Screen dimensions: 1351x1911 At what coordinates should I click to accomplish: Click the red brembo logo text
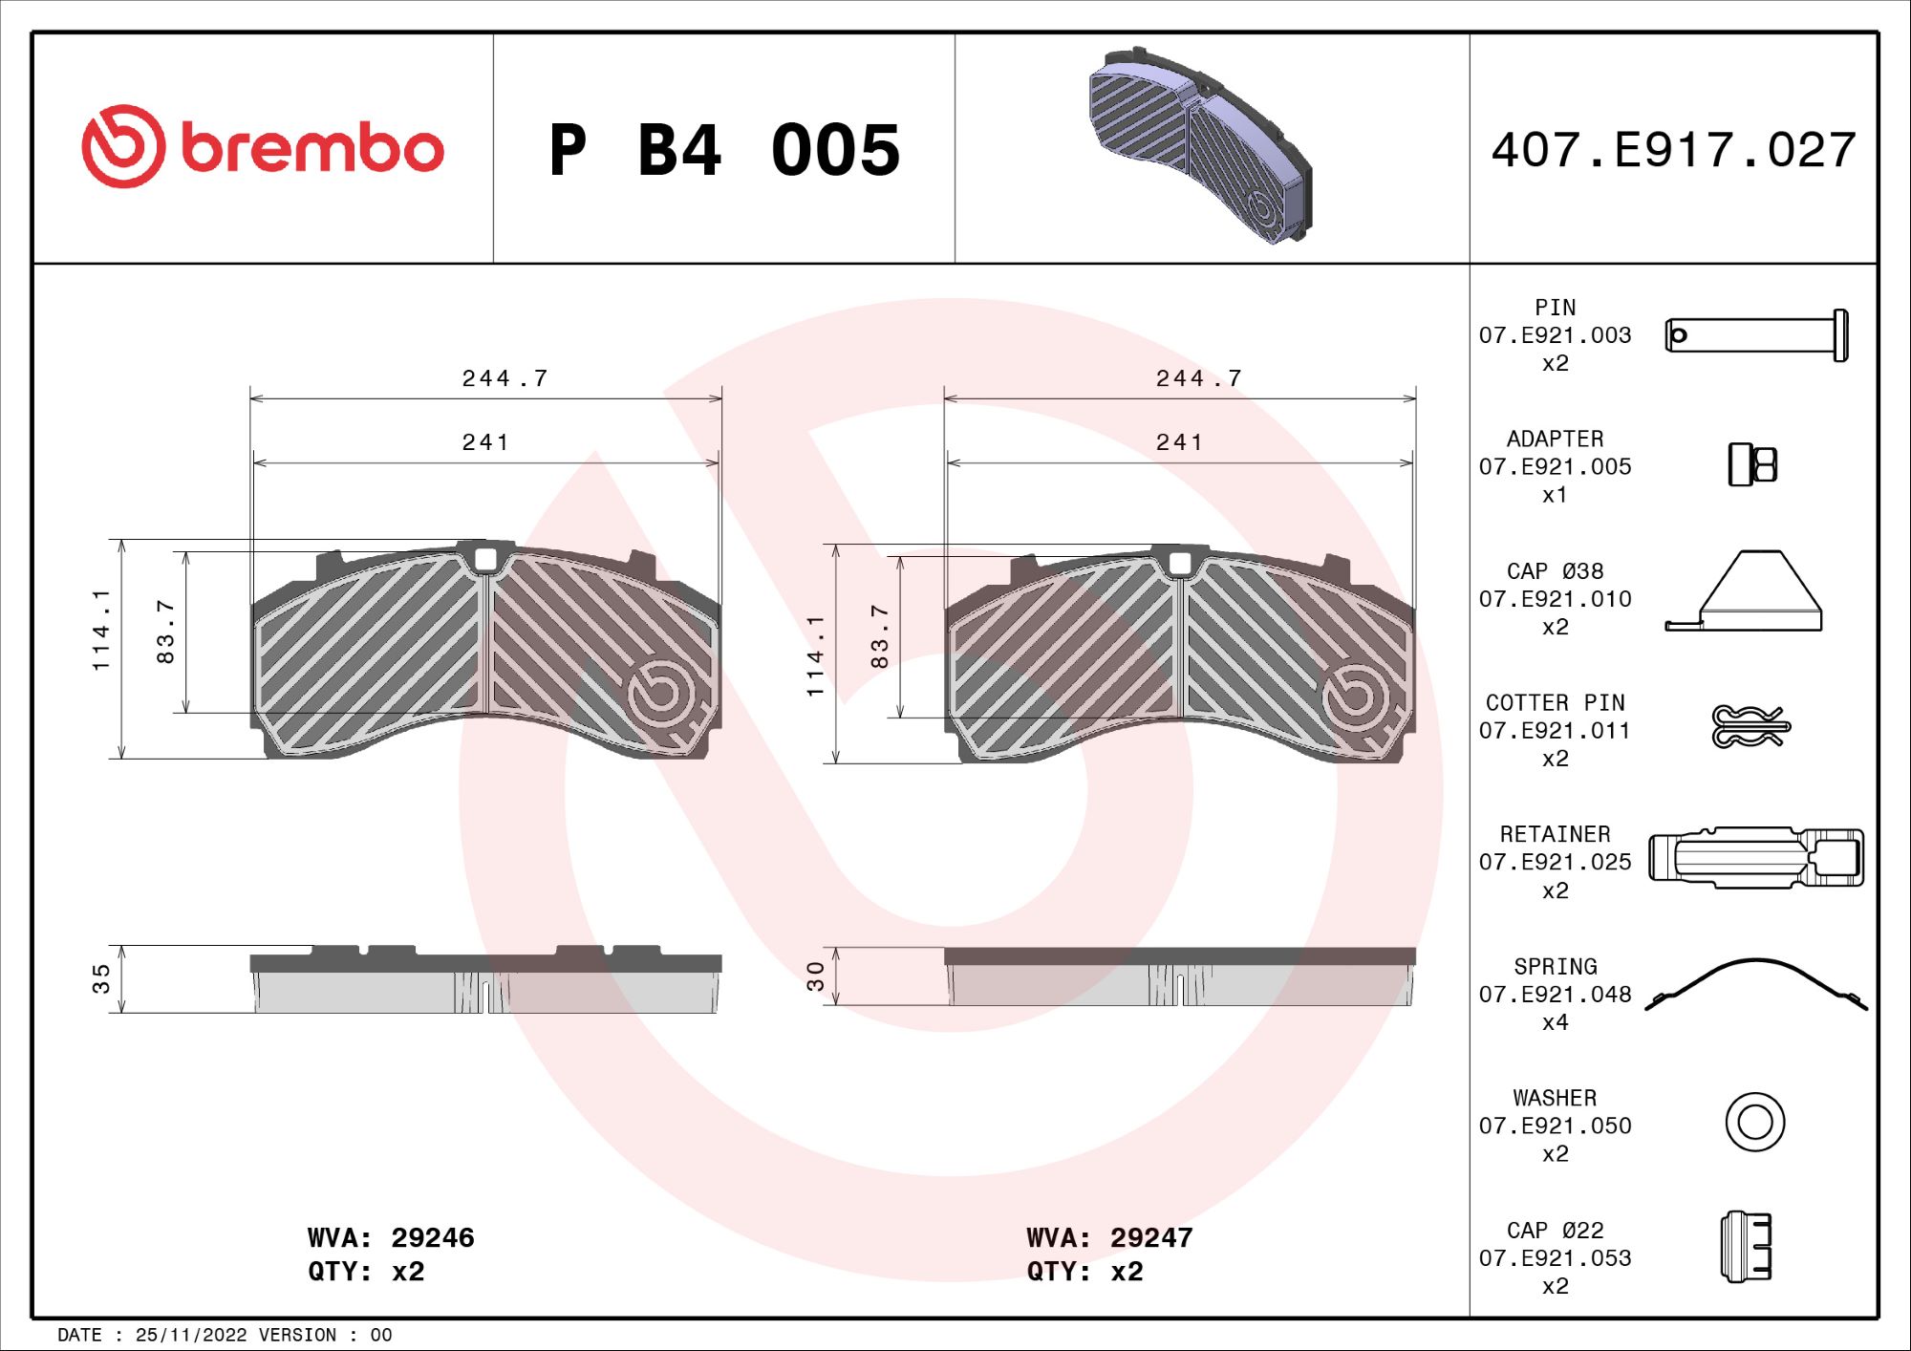[311, 148]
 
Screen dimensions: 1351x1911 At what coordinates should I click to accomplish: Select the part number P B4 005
[724, 150]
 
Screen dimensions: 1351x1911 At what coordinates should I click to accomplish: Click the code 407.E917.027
[1674, 150]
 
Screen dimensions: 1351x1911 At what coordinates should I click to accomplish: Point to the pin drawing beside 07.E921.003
[1756, 335]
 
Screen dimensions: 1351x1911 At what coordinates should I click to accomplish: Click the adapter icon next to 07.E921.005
[1752, 465]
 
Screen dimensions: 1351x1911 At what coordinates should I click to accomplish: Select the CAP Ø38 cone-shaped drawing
[1745, 592]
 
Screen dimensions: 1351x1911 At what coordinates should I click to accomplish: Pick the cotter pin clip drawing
[1749, 727]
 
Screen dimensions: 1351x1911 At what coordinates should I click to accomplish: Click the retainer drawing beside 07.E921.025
[1756, 858]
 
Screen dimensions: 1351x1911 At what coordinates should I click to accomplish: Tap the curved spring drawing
[1756, 984]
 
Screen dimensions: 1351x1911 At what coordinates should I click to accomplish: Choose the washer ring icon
[1755, 1122]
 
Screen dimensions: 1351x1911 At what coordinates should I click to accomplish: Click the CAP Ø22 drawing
[1747, 1247]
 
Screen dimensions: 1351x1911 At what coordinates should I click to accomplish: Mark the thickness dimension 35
[101, 979]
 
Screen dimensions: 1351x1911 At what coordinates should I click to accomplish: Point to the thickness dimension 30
[815, 976]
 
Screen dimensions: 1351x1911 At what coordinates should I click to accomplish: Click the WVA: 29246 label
[391, 1238]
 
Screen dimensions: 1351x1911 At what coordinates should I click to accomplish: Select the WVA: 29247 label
[1109, 1238]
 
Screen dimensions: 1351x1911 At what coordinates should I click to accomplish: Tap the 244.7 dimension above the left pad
[505, 379]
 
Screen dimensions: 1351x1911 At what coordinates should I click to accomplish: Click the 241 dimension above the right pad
[1179, 442]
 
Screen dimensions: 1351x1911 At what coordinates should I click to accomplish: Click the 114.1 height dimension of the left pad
[101, 631]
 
